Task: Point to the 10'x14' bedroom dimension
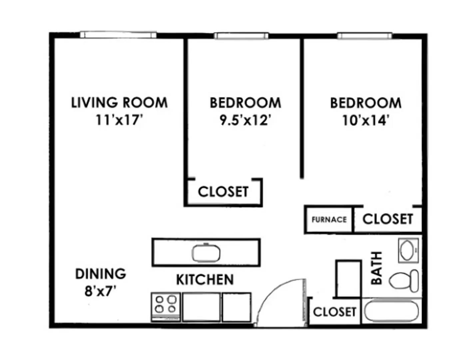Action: pyautogui.click(x=365, y=120)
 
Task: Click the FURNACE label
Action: pyautogui.click(x=329, y=220)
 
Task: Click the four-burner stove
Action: pyautogui.click(x=166, y=307)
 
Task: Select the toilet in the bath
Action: pyautogui.click(x=404, y=281)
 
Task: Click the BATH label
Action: pyautogui.click(x=376, y=268)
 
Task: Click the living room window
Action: pyautogui.click(x=118, y=35)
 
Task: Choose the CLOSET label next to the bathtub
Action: pyautogui.click(x=334, y=312)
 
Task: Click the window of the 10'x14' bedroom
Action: pyautogui.click(x=364, y=36)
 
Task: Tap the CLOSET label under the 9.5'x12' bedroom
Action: pyautogui.click(x=223, y=192)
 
